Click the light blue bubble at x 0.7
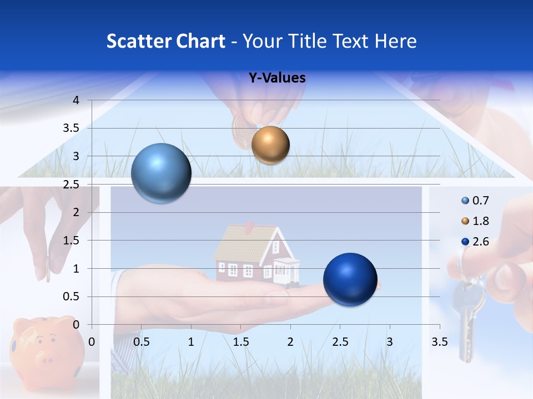click(x=161, y=173)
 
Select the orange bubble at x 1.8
click(x=270, y=145)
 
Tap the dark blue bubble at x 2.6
click(x=350, y=279)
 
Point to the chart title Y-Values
click(x=277, y=78)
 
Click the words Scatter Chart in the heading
click(x=165, y=41)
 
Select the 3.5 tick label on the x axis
click(x=439, y=342)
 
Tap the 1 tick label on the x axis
click(x=191, y=342)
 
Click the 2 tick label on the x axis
click(x=290, y=342)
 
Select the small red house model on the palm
click(x=257, y=254)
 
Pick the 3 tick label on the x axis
click(x=389, y=342)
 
